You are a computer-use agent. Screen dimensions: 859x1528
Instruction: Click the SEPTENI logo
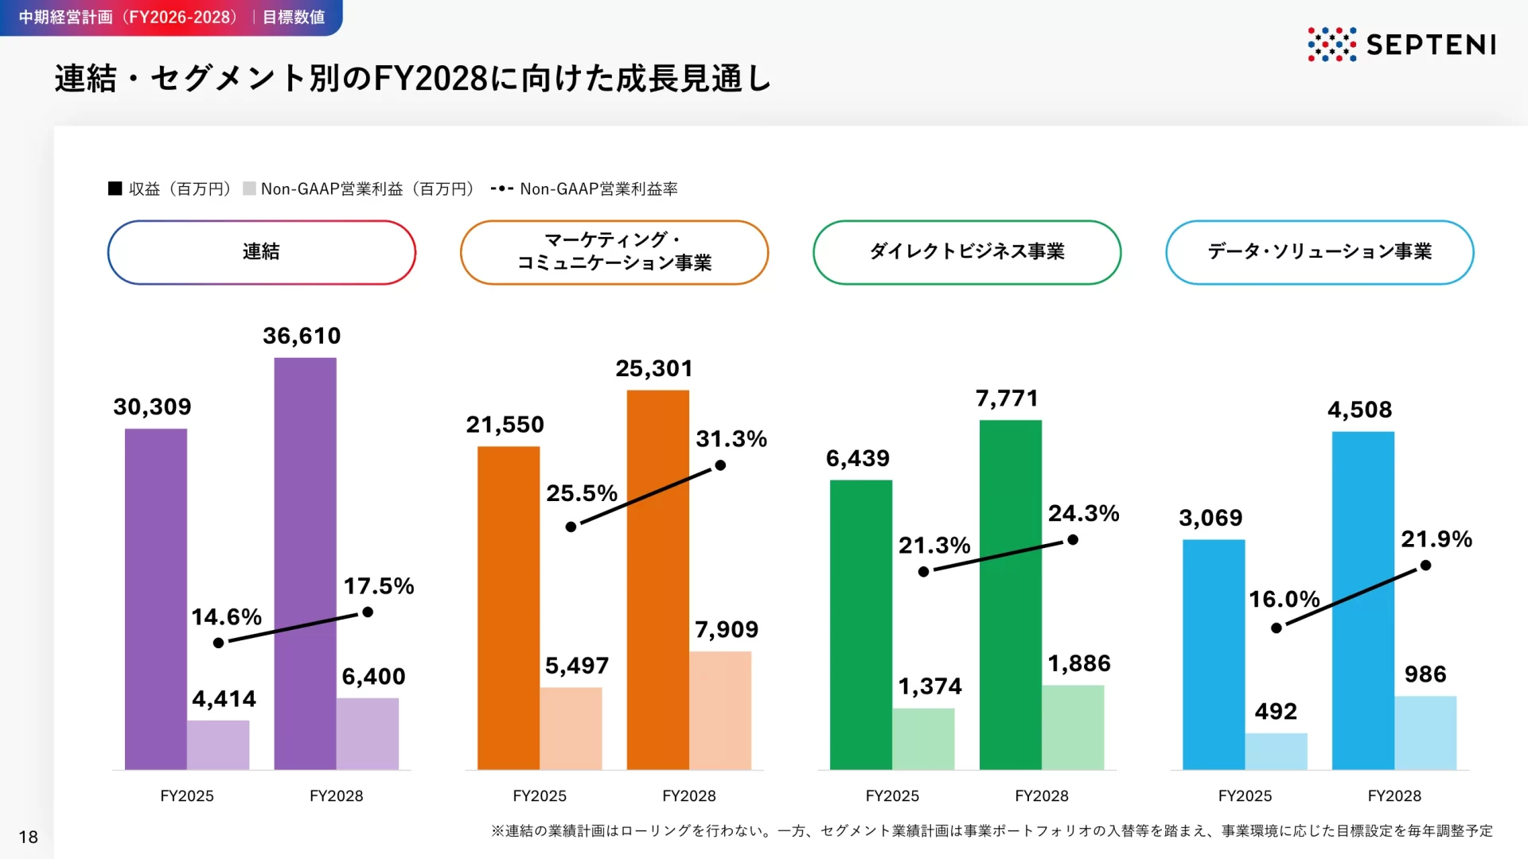[1401, 45]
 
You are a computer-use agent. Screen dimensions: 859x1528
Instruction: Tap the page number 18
[29, 837]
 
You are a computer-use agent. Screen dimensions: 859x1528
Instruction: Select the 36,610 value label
[302, 336]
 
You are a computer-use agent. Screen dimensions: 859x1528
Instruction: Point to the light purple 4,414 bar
[218, 745]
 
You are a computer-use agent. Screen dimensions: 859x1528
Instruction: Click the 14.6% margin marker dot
[219, 643]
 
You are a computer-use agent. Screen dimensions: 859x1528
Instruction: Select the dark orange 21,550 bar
[508, 608]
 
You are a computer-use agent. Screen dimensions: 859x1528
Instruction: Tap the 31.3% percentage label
[731, 439]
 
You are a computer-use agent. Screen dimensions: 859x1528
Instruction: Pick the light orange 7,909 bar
[720, 710]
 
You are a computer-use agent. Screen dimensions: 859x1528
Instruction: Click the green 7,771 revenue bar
[1010, 594]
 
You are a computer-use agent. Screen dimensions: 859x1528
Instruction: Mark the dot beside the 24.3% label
[1073, 540]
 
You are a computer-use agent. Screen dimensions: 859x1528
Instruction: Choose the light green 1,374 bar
[923, 739]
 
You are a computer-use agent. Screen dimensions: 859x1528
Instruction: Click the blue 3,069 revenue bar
[1214, 654]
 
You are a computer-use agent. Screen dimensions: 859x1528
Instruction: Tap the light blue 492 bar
[1276, 752]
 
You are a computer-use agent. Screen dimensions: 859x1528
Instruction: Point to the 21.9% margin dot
[1426, 566]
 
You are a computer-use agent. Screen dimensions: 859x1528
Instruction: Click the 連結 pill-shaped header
[261, 252]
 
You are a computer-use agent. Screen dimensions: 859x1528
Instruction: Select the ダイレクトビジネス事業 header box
[967, 252]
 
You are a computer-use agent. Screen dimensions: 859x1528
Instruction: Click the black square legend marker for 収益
[115, 189]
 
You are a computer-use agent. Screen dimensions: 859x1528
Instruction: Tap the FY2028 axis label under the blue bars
[1394, 796]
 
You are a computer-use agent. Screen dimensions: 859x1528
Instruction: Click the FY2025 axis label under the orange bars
[540, 796]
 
